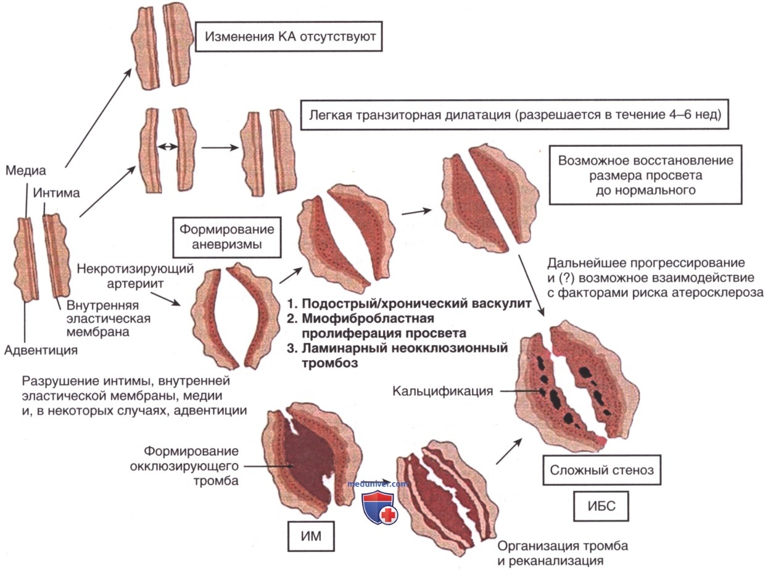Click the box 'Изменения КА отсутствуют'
286,36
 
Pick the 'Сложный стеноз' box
597,472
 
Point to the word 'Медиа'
25,170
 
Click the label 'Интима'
57,193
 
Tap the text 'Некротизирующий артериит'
136,277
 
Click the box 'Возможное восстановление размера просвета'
645,175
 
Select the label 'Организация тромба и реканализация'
563,554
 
